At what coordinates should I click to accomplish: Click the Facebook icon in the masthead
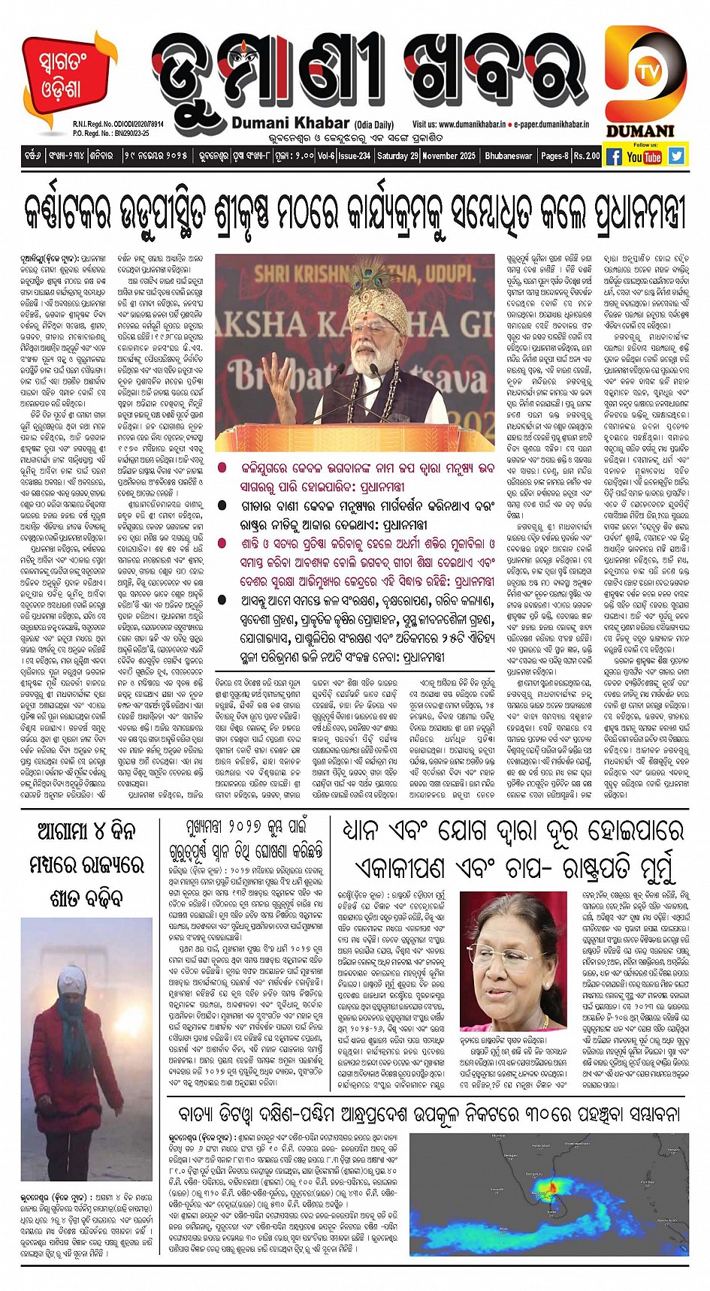click(x=613, y=156)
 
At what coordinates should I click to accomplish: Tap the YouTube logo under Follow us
click(x=645, y=156)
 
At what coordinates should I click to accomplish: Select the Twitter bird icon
click(x=676, y=155)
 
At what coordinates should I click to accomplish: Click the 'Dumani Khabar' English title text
click(x=291, y=123)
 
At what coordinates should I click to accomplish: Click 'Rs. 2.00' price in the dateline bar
click(x=587, y=156)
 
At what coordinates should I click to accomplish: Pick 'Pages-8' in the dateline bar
click(x=554, y=156)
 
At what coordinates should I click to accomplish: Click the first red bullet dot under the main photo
click(x=222, y=468)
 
